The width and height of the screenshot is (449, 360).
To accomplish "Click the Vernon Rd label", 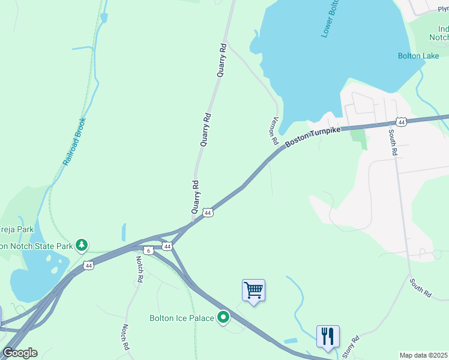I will pos(275,130).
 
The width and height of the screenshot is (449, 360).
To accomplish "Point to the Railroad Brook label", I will pos(76,142).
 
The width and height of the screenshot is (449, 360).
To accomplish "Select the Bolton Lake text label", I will pos(418,56).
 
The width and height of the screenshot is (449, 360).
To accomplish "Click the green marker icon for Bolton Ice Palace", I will pos(224,317).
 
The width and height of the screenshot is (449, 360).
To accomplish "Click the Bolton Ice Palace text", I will pos(182,317).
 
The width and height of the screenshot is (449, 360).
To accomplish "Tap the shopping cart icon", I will pos(253,290).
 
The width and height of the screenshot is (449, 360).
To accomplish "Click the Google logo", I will pos(20,353).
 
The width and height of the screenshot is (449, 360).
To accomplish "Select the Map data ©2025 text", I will pos(423,355).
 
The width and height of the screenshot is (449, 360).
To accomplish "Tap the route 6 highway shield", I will pos(149,249).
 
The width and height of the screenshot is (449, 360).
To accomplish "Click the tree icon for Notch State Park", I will pos(82,245).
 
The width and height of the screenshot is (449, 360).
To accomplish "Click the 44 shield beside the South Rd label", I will pos(402,122).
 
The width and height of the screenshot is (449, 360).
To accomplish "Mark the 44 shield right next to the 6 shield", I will pos(167,246).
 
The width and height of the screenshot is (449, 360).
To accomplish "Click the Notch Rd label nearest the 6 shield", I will pos(139,269).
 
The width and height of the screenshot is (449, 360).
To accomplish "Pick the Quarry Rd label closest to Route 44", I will pos(195,197).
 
